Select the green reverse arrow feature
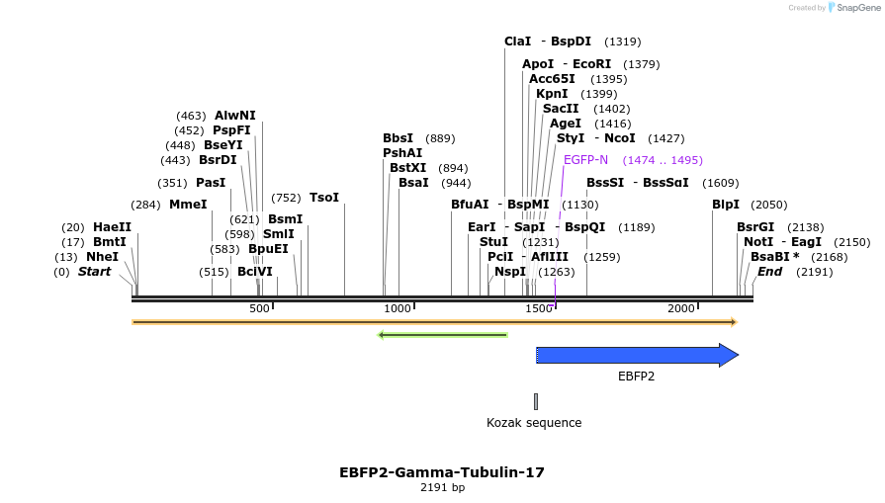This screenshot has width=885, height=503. pyautogui.click(x=443, y=335)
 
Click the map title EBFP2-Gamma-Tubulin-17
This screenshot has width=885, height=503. pyautogui.click(x=442, y=472)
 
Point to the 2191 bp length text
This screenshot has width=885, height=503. pyautogui.click(x=442, y=487)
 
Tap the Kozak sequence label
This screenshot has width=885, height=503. pyautogui.click(x=534, y=423)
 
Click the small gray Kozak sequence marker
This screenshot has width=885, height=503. pyautogui.click(x=536, y=401)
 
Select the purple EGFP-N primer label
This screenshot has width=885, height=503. pyautogui.click(x=585, y=160)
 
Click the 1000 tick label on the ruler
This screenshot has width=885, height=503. pyautogui.click(x=397, y=309)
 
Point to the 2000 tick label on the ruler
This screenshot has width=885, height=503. pyautogui.click(x=681, y=309)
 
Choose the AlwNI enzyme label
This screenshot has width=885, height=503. pyautogui.click(x=234, y=116)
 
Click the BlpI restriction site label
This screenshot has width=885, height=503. pyautogui.click(x=726, y=205)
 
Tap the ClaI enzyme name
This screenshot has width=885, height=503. pyautogui.click(x=517, y=42)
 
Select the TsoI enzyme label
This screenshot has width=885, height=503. pyautogui.click(x=324, y=198)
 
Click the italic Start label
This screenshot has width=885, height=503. pyautogui.click(x=95, y=272)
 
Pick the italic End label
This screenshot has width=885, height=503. pyautogui.click(x=769, y=272)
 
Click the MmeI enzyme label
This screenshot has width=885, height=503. pyautogui.click(x=188, y=205)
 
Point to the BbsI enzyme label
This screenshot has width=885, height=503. pyautogui.click(x=398, y=138)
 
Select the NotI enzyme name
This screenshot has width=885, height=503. pyautogui.click(x=758, y=242)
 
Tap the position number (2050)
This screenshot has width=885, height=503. pyautogui.click(x=769, y=205)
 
